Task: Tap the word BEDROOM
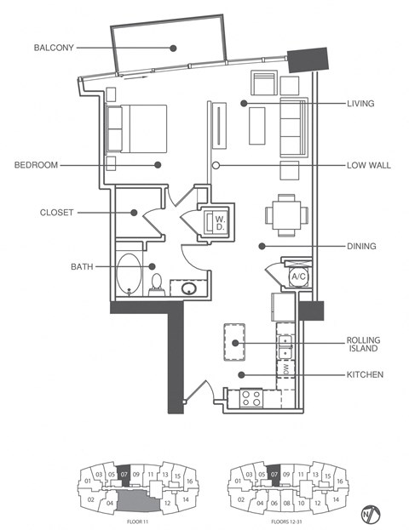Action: coord(37,165)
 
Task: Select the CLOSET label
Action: coord(56,212)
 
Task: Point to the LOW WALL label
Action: coord(368,165)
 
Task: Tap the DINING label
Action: coord(362,247)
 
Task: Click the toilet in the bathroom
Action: coord(157,283)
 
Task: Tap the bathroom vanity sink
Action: coord(187,289)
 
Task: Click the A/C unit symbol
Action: coord(298,276)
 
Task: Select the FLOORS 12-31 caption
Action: coord(274,518)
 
